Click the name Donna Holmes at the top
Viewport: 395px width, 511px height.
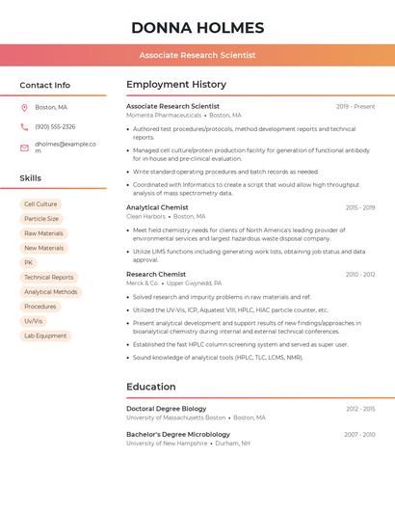point(197,27)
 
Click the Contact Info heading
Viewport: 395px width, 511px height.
point(45,85)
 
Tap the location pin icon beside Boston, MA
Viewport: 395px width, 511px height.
point(24,107)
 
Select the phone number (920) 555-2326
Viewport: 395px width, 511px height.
point(55,126)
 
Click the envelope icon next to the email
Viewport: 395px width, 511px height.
point(24,148)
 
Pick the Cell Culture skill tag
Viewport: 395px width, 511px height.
point(40,204)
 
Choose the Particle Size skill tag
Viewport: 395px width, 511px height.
point(41,219)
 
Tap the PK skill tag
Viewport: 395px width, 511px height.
point(29,262)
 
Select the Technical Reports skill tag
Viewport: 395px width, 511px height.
point(49,277)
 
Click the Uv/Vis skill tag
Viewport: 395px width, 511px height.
point(34,321)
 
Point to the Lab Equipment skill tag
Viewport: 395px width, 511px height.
point(45,336)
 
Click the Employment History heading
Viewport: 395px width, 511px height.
point(176,85)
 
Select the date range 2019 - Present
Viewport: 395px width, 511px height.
point(355,106)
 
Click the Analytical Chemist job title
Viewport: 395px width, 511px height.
point(157,207)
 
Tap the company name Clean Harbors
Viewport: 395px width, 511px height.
point(145,217)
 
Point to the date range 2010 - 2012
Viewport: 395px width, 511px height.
point(360,275)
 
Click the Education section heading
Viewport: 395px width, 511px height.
point(152,387)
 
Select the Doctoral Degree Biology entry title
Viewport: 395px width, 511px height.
point(166,409)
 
